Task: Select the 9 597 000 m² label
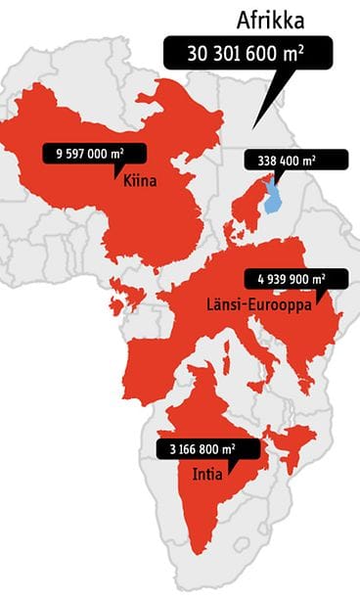click(94, 154)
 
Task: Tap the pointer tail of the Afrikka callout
click(256, 117)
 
